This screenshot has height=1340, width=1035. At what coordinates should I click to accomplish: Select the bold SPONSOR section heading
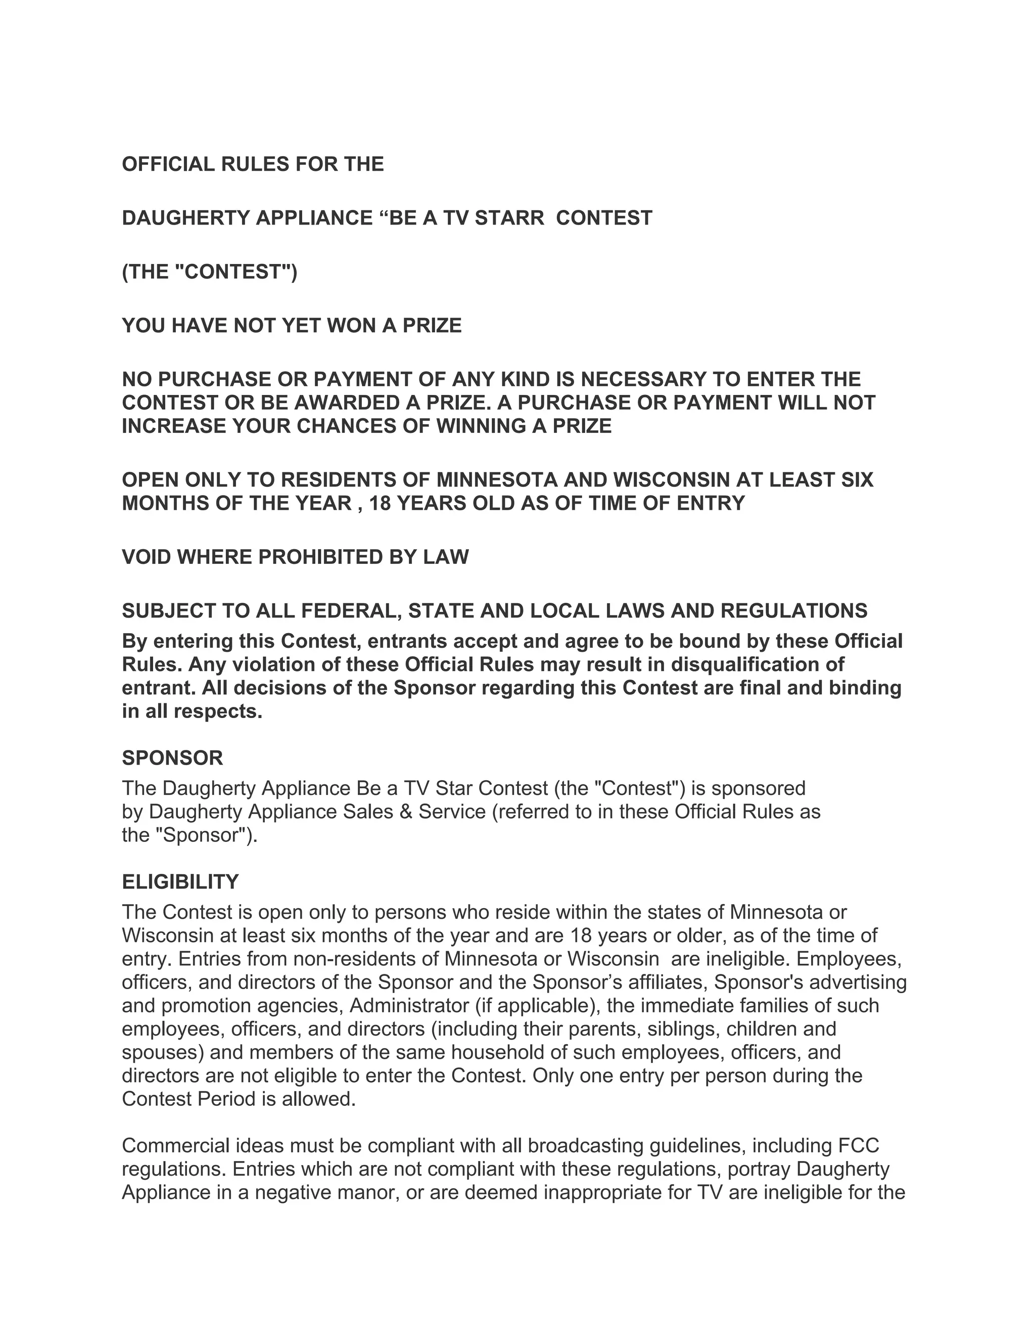(172, 758)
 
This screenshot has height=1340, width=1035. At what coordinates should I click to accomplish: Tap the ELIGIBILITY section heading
(180, 882)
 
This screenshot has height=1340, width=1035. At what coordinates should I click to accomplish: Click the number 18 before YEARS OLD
(380, 503)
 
